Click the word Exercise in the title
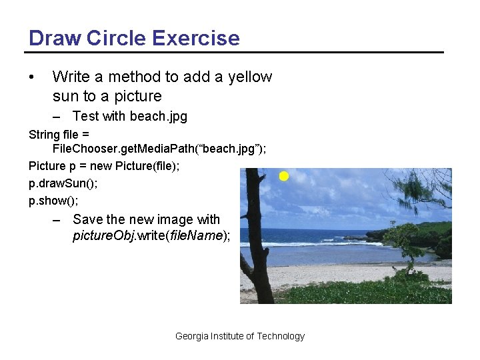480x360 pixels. pos(195,38)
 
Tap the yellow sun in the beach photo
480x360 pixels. pos(283,177)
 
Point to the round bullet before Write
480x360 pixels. pos(32,77)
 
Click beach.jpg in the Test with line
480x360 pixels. pos(159,117)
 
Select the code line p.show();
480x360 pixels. pos(54,200)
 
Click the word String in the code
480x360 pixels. pos(45,134)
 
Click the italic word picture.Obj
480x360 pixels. pos(103,236)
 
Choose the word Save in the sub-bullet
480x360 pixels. pos(87,219)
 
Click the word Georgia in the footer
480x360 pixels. pos(191,336)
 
